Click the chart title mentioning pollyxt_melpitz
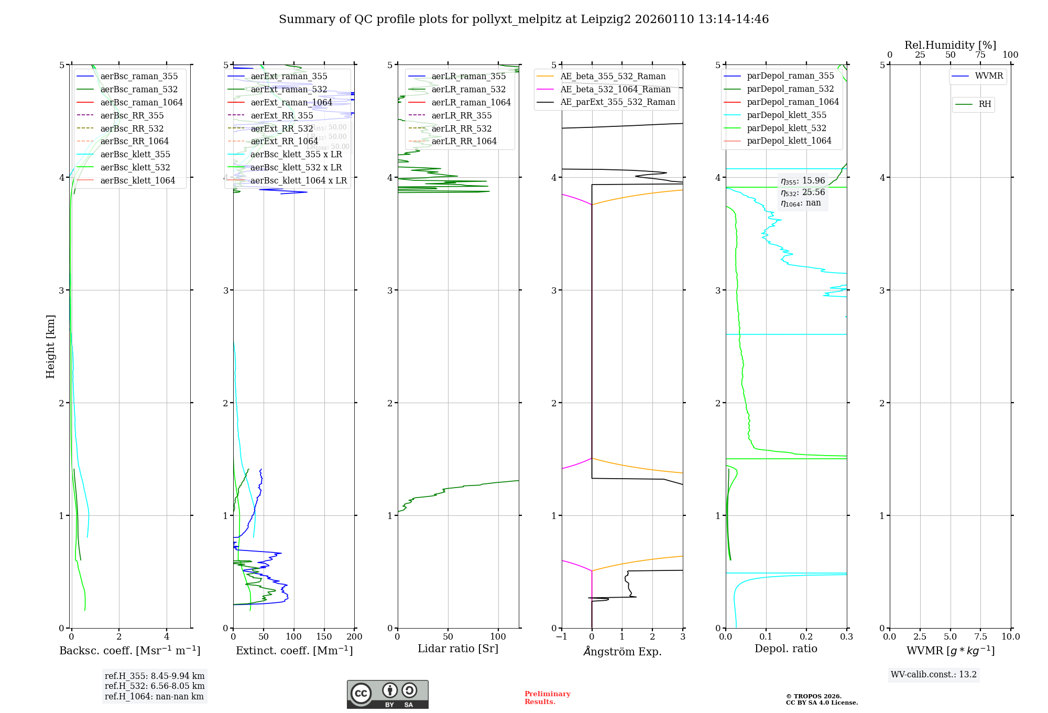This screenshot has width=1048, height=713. coord(523,19)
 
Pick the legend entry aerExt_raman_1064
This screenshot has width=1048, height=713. coord(291,103)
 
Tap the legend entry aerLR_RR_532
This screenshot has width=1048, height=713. coord(461,129)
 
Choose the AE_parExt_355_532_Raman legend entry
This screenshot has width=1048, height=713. coord(617,102)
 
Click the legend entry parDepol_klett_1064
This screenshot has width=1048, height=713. coord(789,141)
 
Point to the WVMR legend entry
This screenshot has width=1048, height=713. coord(989,76)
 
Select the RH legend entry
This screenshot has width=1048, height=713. coord(985,104)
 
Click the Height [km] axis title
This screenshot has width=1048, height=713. coord(50,347)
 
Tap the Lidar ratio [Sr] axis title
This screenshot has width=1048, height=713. coord(458,649)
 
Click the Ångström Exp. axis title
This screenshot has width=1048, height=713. coord(622,652)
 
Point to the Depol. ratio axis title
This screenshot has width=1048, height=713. coord(785,649)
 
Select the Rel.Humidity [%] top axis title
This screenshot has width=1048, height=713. coord(950,45)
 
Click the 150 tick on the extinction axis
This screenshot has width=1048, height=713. coord(324,637)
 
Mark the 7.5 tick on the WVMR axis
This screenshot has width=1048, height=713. coord(980,637)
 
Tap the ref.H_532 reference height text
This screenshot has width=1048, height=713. coord(155,686)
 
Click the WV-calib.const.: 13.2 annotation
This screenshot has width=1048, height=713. coord(934,675)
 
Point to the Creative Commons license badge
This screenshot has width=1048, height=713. coord(387,695)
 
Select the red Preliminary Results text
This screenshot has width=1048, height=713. coord(547,698)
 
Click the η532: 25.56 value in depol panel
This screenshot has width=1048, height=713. coord(803,192)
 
